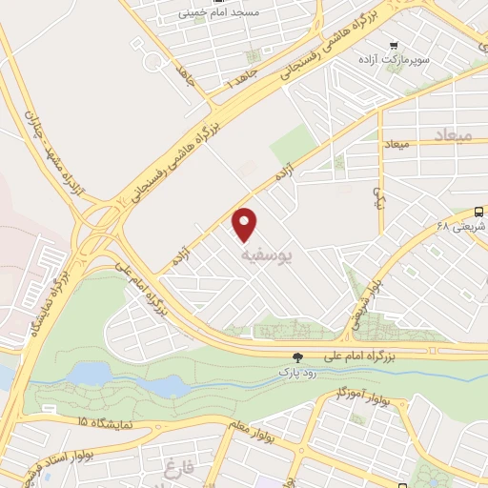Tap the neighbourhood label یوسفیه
[x=260, y=255]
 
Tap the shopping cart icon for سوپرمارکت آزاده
[x=393, y=45]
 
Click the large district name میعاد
[x=451, y=136]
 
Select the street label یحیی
[x=377, y=197]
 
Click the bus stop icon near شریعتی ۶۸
[x=478, y=212]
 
